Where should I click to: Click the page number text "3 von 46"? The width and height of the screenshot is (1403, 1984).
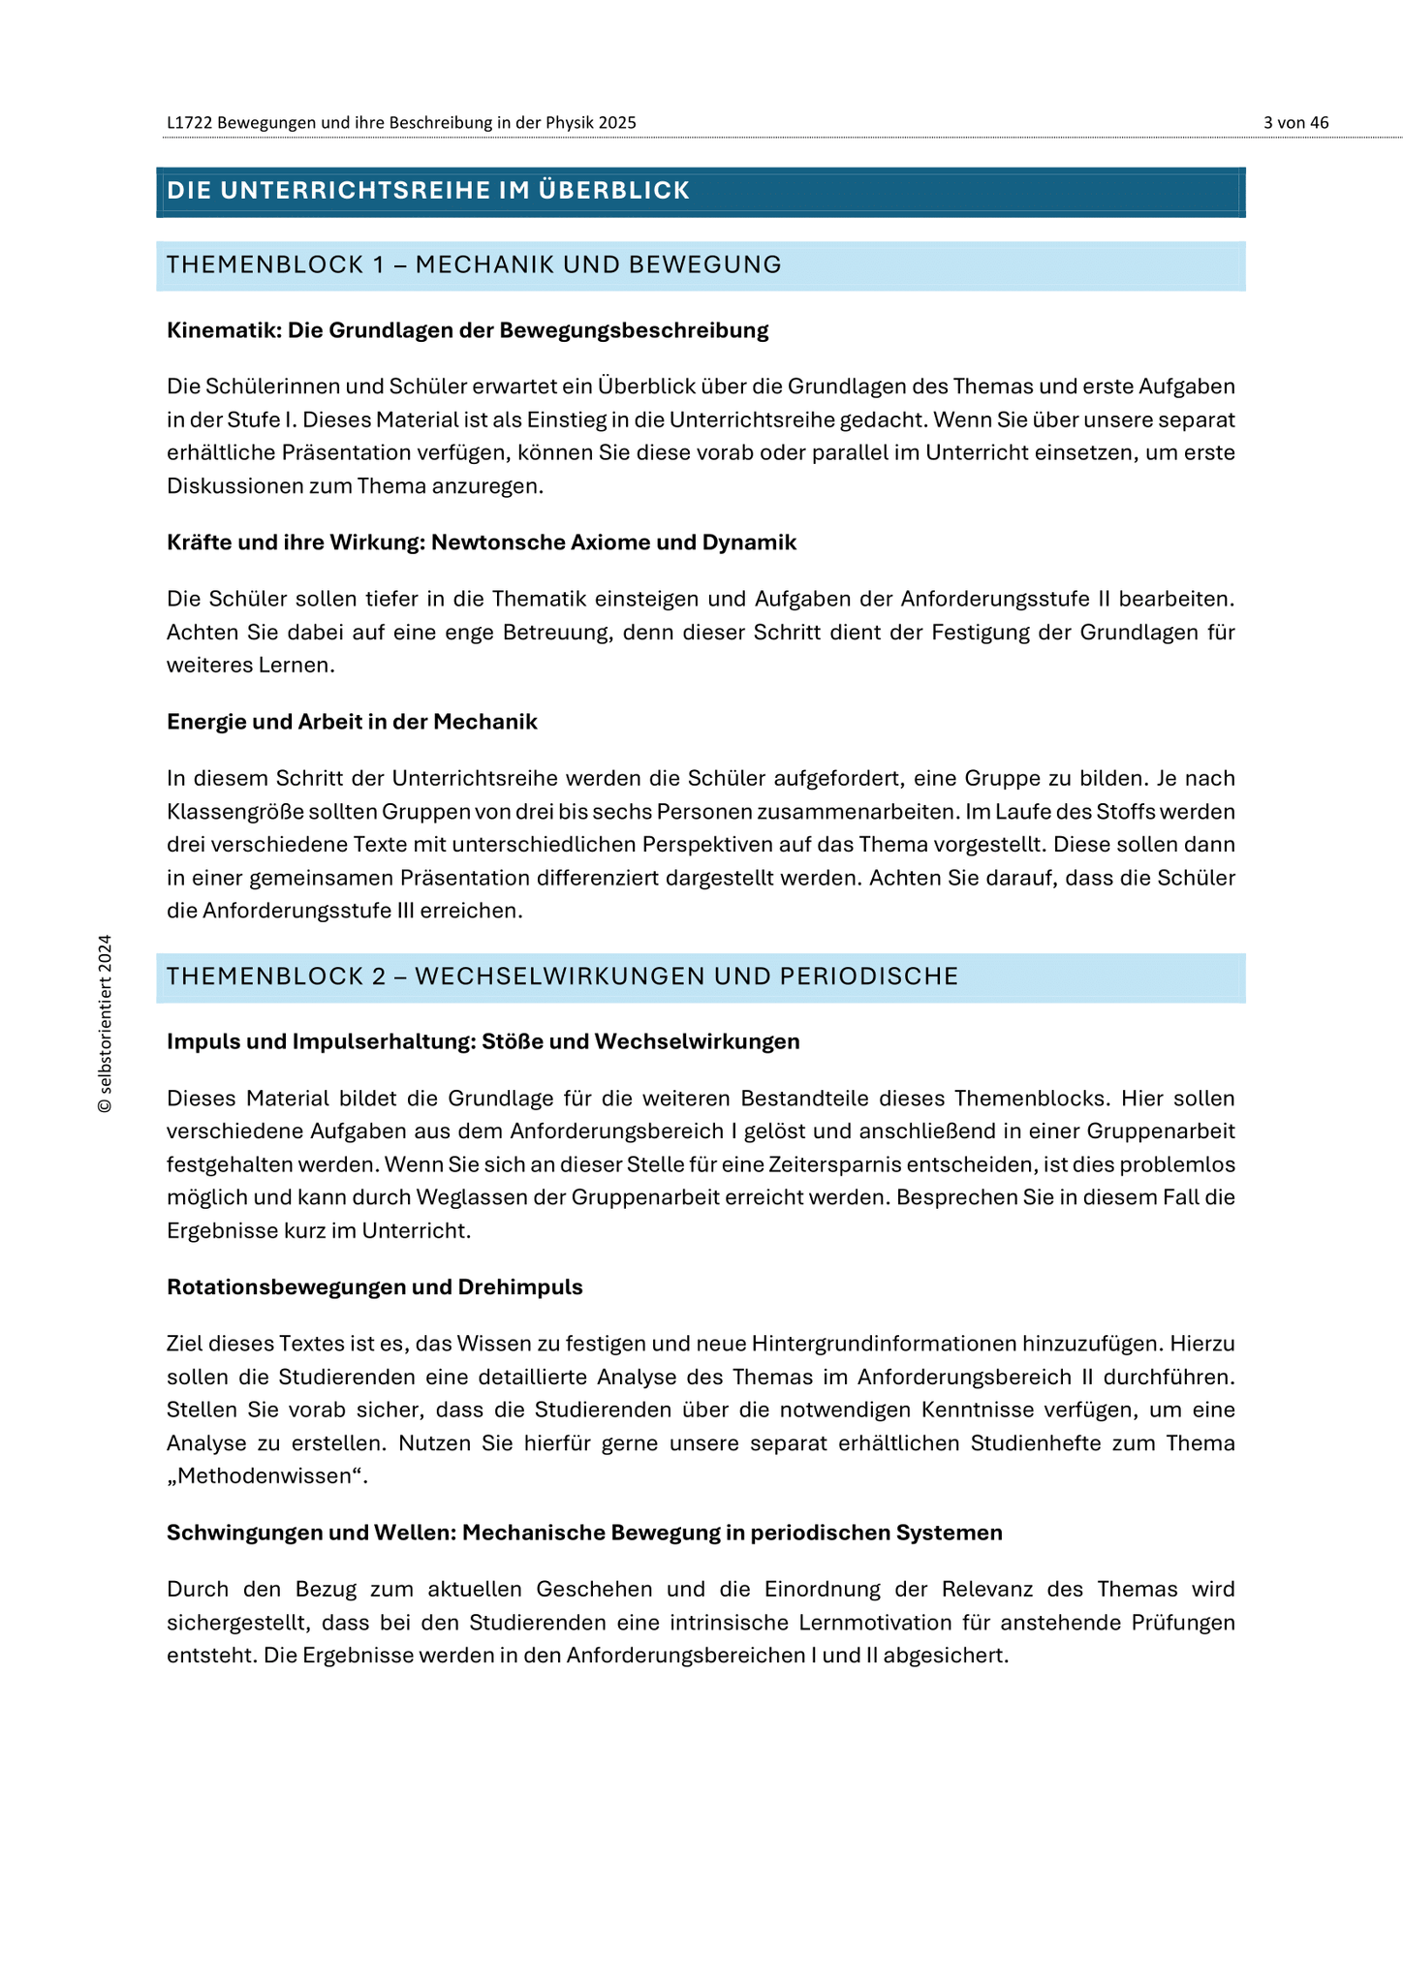[x=1295, y=122]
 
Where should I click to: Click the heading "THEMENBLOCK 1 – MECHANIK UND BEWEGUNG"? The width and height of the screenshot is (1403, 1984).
[x=474, y=264]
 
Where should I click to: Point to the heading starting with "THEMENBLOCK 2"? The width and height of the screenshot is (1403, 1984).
[x=562, y=976]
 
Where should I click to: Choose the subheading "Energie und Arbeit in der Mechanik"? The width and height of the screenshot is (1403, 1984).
[x=352, y=722]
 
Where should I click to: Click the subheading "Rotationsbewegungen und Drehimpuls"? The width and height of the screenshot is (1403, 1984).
[x=374, y=1287]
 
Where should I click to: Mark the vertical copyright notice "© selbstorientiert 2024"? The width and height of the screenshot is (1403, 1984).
[x=105, y=1023]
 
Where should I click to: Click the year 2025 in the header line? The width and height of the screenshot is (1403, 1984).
[x=617, y=122]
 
